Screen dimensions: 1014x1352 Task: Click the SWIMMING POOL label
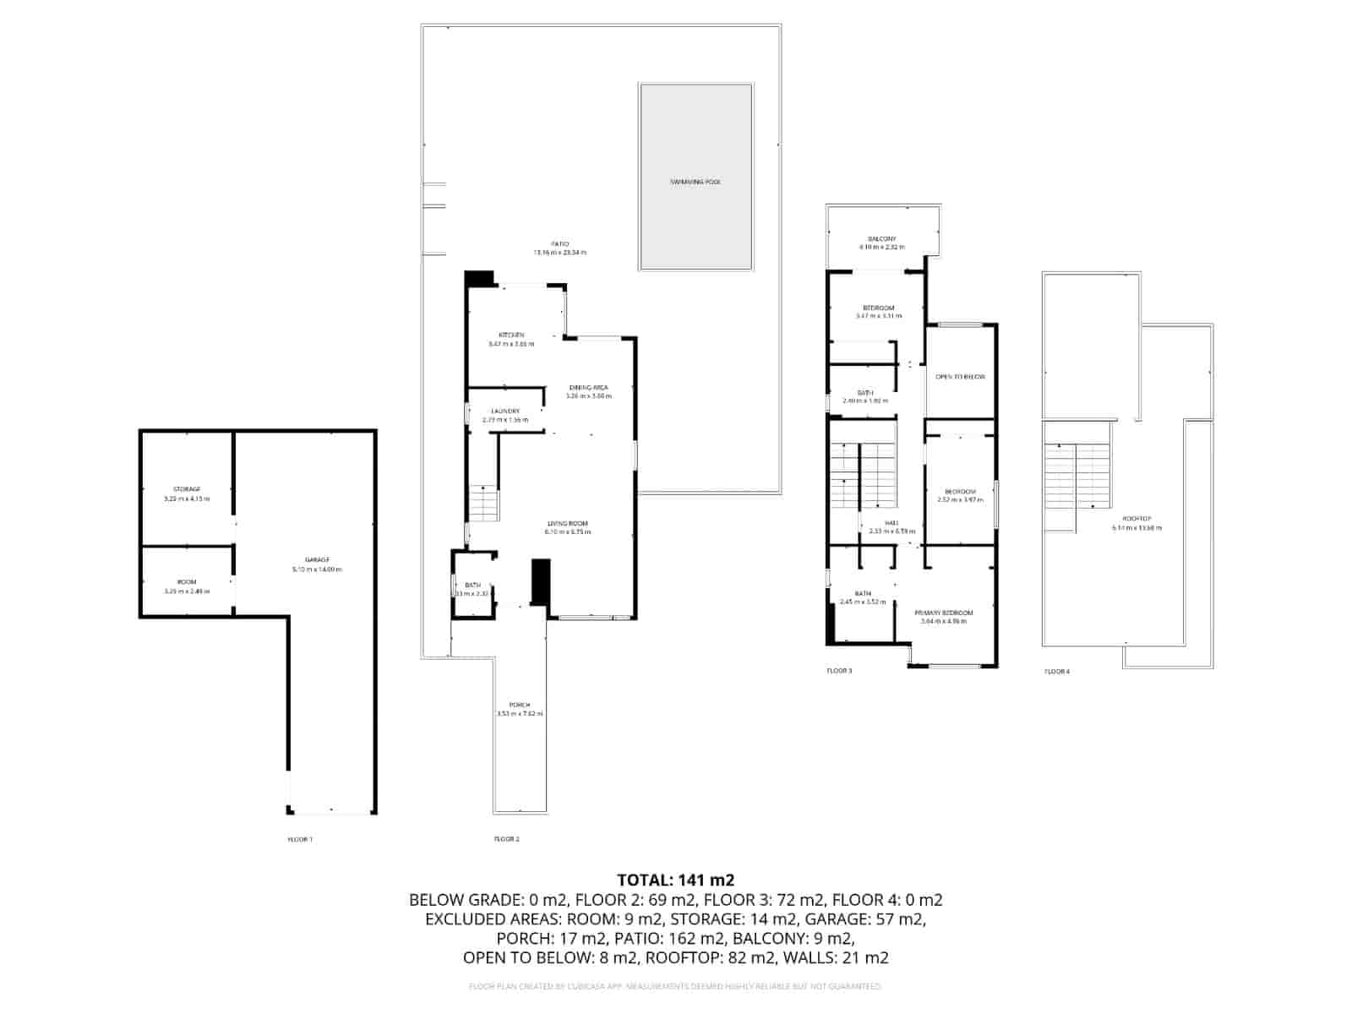click(695, 182)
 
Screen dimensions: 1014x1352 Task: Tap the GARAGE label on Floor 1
click(317, 560)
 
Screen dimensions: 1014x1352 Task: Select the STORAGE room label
click(187, 489)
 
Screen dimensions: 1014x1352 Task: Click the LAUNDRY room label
click(505, 412)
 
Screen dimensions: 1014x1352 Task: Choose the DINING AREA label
click(588, 388)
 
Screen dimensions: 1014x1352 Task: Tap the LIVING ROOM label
click(567, 524)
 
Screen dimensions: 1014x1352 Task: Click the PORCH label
click(520, 705)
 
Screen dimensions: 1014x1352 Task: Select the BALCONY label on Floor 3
click(881, 239)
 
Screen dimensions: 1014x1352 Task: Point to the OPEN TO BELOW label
click(961, 377)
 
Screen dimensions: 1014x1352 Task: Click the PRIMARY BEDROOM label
click(943, 613)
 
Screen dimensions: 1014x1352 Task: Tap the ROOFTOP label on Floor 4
click(1137, 519)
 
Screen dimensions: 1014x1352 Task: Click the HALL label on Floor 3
click(892, 523)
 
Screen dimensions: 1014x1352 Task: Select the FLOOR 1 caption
click(300, 839)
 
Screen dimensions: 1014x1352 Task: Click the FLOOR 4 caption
click(1056, 672)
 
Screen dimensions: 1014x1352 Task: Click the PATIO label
click(559, 244)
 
